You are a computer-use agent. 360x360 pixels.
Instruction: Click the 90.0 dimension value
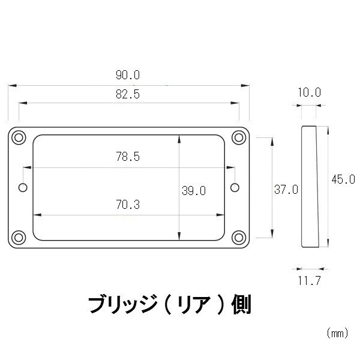[x=128, y=75]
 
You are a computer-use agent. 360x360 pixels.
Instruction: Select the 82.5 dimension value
[x=128, y=94]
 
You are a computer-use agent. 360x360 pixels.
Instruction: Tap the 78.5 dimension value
[x=128, y=157]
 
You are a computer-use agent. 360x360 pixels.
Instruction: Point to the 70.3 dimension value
[x=128, y=205]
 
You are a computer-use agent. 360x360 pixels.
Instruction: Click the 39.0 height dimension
[x=194, y=191]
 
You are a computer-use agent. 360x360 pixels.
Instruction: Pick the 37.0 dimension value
[x=286, y=190]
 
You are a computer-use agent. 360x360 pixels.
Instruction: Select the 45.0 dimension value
[x=343, y=179]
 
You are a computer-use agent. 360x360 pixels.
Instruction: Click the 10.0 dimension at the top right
[x=309, y=92]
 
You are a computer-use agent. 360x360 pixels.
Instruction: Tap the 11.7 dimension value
[x=309, y=281]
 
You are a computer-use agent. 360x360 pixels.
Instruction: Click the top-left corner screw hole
[x=19, y=137]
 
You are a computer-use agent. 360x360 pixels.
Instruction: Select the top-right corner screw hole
[x=239, y=137]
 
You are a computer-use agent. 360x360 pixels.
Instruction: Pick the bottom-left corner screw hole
[x=19, y=238]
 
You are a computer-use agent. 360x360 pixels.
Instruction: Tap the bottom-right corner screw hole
[x=239, y=238]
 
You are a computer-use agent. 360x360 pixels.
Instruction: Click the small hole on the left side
[x=23, y=188]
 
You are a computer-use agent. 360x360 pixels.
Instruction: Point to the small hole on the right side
[x=235, y=188]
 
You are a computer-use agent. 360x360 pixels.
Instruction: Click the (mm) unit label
[x=337, y=333]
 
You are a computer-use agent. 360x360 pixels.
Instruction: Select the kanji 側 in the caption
[x=241, y=305]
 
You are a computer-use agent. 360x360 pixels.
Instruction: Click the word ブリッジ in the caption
[x=123, y=305]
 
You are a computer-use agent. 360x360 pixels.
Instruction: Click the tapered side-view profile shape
[x=310, y=187]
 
